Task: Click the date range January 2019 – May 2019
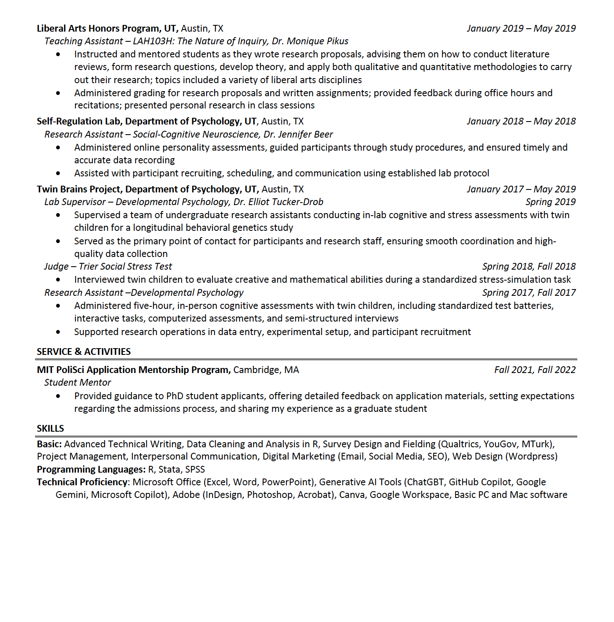[x=521, y=28]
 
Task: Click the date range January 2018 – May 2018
[x=521, y=121]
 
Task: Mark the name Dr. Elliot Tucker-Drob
[x=278, y=202]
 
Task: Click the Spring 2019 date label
[x=550, y=202]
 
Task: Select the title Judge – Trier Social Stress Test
[x=108, y=266]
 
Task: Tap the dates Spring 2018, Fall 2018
[x=529, y=266]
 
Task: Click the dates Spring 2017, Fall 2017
[x=529, y=292]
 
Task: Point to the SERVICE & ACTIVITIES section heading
[x=83, y=352]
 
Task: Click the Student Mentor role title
[x=78, y=382]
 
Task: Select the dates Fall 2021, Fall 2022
[x=535, y=370]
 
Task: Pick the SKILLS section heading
[x=50, y=428]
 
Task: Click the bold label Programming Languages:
[x=91, y=469]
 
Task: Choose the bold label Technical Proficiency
[x=82, y=482]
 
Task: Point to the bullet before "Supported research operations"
[x=58, y=332]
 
